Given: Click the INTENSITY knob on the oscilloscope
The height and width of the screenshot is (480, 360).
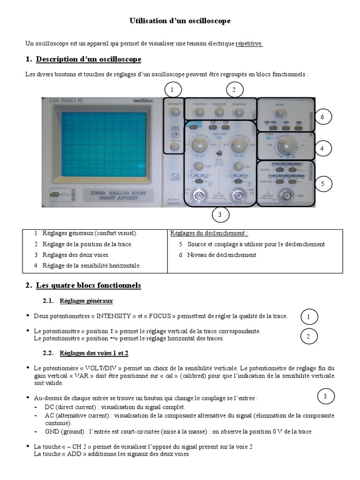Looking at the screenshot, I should pyautogui.click(x=175, y=112).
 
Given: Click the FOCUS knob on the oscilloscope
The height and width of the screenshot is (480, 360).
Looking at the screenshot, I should pyautogui.click(x=175, y=147).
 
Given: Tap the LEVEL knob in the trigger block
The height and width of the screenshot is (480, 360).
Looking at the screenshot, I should pyautogui.click(x=280, y=112).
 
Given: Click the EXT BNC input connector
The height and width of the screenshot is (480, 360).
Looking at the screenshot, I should pyautogui.click(x=285, y=195).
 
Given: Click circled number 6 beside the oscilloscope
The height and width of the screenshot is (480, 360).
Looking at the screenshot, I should pyautogui.click(x=322, y=117).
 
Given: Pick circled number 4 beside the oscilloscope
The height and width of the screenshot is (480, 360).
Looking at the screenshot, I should pyautogui.click(x=322, y=149).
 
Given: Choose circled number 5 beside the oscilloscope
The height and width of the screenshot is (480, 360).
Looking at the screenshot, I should pyautogui.click(x=322, y=184).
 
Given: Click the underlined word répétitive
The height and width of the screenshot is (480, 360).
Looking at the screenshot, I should pyautogui.click(x=249, y=44).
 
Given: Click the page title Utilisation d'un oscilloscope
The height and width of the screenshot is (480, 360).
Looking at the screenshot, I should pyautogui.click(x=180, y=21).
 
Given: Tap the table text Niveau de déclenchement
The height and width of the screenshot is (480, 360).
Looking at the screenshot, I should pyautogui.click(x=222, y=255).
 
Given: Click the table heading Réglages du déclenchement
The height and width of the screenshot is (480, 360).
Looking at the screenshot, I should pyautogui.click(x=209, y=233).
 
